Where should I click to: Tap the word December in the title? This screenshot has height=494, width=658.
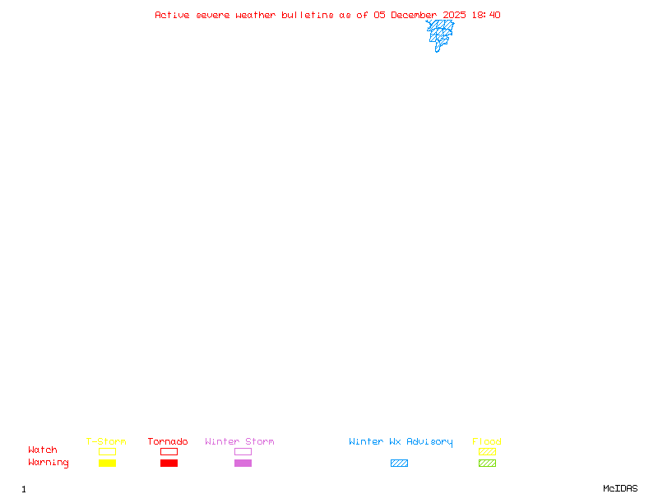[414, 15]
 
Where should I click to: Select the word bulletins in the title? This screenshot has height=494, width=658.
[308, 15]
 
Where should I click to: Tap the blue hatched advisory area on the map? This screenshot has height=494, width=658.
[440, 33]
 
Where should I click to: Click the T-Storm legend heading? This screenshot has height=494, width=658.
[106, 442]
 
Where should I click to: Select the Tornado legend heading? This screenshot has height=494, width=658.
[168, 442]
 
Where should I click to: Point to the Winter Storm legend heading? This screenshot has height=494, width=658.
[239, 442]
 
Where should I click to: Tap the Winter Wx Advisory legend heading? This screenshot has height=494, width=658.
[401, 442]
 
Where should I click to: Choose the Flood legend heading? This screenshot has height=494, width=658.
[487, 442]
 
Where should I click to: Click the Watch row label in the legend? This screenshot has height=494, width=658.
[43, 450]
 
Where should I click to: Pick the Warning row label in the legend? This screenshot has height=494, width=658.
[49, 463]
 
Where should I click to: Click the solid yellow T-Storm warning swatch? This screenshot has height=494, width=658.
[107, 464]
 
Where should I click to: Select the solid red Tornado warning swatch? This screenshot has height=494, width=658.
[169, 464]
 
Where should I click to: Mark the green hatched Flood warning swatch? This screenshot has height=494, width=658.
[487, 464]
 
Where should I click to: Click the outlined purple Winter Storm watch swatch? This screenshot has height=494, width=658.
[243, 452]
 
